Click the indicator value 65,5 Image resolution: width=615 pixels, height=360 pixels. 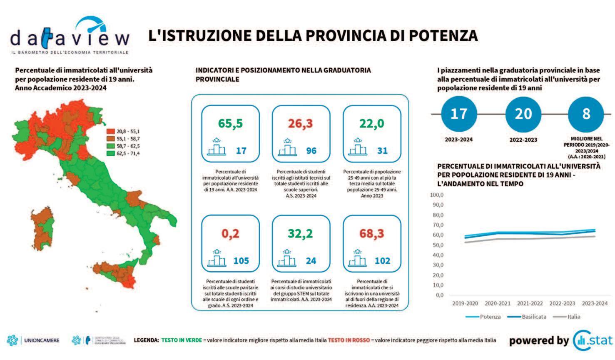point(230,124)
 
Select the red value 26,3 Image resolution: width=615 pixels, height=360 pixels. point(300,124)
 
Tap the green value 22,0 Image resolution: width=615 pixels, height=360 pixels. point(371,124)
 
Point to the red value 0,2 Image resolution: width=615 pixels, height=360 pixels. point(230,234)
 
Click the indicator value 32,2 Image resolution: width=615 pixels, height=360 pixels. point(300,234)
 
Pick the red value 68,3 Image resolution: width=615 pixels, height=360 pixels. point(371,234)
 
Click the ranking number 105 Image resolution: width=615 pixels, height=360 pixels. point(241,261)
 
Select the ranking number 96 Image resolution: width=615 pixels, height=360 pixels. point(311,151)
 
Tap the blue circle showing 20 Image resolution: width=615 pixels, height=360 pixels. point(523,114)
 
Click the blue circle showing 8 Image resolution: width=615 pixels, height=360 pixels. point(586,114)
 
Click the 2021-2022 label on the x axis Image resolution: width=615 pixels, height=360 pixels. point(530,303)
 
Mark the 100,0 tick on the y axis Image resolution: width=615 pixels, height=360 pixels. point(436,195)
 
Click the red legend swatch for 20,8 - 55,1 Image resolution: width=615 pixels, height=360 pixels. point(110,131)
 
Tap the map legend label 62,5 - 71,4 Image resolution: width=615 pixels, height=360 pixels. point(128,153)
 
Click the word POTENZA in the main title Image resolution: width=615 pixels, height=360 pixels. point(443,35)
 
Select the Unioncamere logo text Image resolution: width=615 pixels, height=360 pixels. point(41,340)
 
